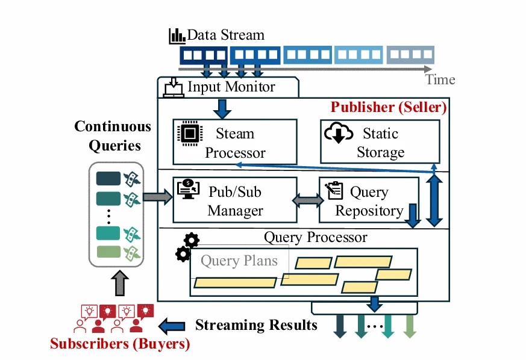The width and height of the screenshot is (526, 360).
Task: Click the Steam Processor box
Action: click(x=235, y=141)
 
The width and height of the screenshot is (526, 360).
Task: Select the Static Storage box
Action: click(x=380, y=141)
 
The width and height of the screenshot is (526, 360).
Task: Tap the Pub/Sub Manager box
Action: click(x=235, y=200)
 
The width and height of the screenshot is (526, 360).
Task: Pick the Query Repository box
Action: click(x=368, y=200)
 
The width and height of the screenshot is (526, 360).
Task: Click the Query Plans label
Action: click(x=239, y=261)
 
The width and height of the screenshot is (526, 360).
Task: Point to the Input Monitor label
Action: click(x=231, y=87)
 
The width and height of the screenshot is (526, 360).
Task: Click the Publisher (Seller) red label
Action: click(x=389, y=108)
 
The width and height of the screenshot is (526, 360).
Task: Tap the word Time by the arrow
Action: click(x=440, y=79)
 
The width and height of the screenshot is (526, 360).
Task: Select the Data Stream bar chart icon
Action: click(x=177, y=36)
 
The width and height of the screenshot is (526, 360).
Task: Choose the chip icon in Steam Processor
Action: click(x=190, y=134)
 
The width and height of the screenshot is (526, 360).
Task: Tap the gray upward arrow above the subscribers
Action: click(x=120, y=282)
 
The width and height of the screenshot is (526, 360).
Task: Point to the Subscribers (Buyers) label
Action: click(x=119, y=344)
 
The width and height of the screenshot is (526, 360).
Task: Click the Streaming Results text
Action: click(x=255, y=325)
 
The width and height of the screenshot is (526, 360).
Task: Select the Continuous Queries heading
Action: click(x=113, y=136)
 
